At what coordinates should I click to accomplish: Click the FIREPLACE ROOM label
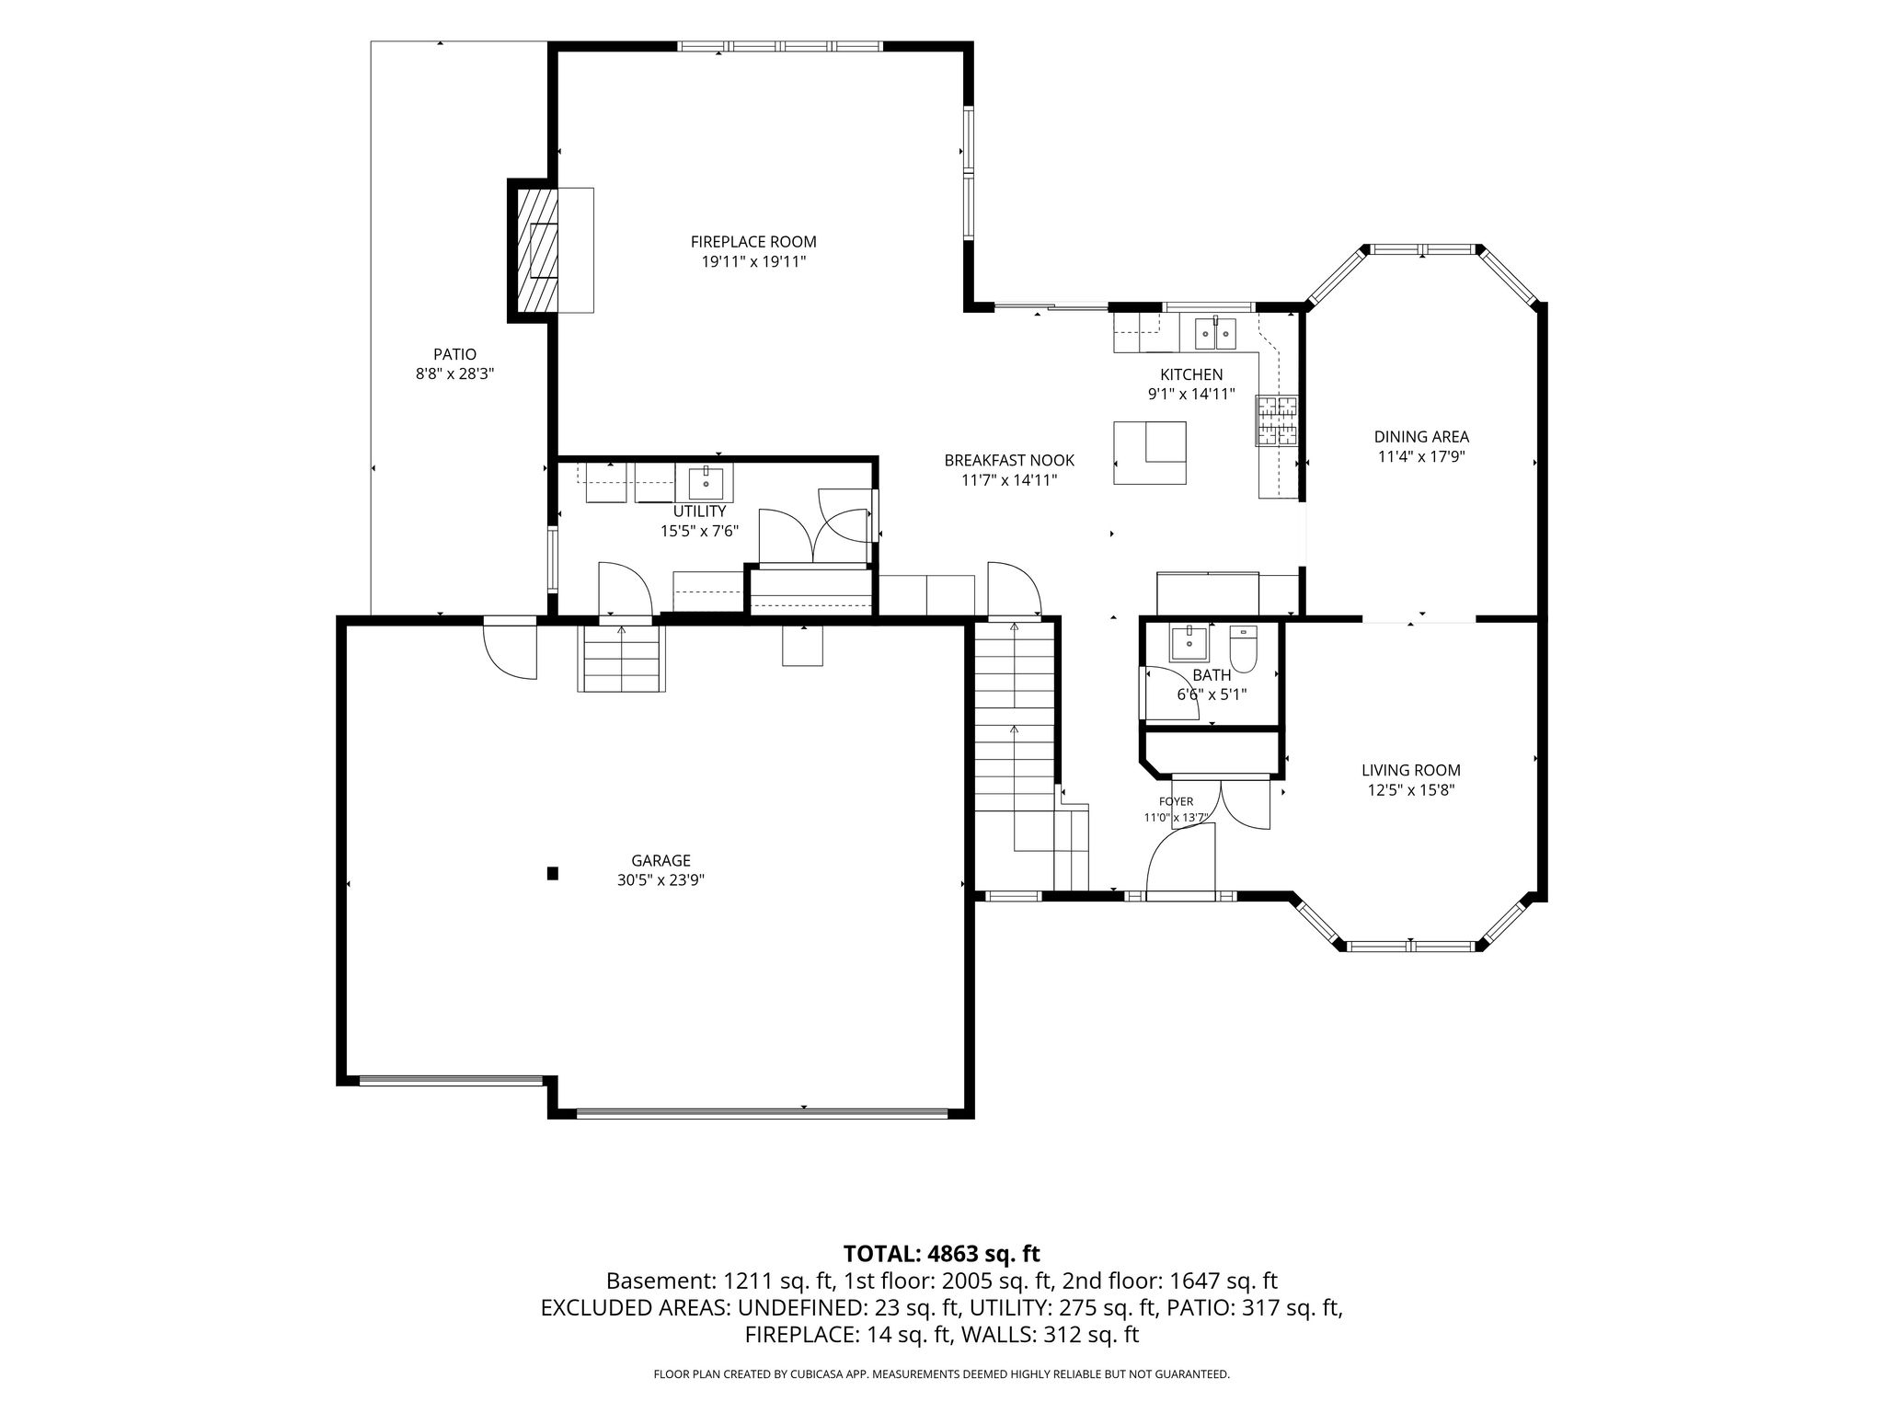(x=753, y=242)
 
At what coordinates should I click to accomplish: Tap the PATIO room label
(x=455, y=354)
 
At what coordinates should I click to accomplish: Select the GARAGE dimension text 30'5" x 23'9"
(x=661, y=880)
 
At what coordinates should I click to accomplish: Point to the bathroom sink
(x=1189, y=643)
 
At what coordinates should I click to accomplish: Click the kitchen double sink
(x=1216, y=333)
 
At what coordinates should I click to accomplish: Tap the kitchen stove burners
(x=1277, y=420)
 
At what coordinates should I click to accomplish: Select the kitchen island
(x=1150, y=453)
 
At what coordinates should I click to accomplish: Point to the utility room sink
(x=706, y=482)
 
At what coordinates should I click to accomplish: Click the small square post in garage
(x=553, y=874)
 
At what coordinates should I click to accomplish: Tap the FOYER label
(x=1176, y=801)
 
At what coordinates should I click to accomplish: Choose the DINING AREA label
(x=1421, y=437)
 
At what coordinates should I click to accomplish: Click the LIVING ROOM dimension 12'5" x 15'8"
(x=1411, y=790)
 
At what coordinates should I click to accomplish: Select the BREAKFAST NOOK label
(x=1009, y=460)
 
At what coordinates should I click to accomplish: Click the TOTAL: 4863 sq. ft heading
(x=942, y=1253)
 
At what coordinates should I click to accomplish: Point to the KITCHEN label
(x=1191, y=374)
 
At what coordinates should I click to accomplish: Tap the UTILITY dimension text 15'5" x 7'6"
(x=700, y=531)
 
